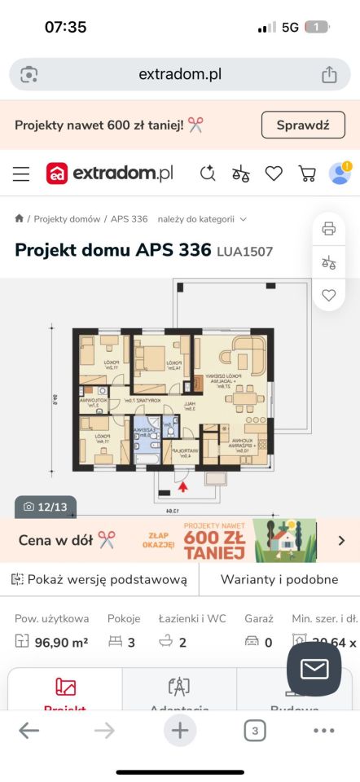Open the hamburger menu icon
point(21,174)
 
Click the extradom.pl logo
point(110,173)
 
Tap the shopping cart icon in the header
point(307,173)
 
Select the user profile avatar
point(340,173)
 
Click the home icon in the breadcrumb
point(20,218)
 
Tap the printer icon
point(329,228)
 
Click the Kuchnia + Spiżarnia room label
point(240,445)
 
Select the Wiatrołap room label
point(185,453)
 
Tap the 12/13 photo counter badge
point(46,507)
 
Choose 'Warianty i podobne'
point(279,580)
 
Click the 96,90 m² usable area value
point(61,643)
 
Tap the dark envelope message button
point(314,669)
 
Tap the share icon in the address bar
point(329,74)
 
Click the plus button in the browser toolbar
point(179,731)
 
